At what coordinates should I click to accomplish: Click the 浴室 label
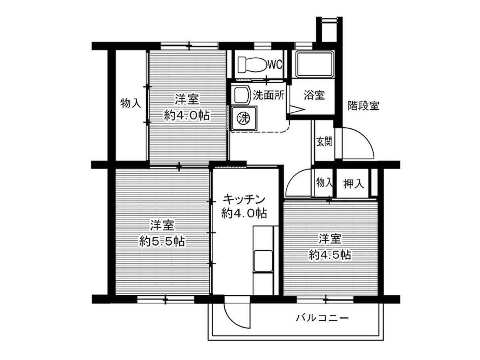point(314,96)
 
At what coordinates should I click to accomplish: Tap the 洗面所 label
point(268,96)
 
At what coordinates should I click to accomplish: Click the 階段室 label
point(363,106)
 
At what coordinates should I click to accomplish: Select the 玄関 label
point(324,142)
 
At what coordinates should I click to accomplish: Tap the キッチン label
point(244,199)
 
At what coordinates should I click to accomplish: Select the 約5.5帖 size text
point(162,241)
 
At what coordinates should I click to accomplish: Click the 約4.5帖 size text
point(330,254)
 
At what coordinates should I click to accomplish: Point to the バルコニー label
point(322,318)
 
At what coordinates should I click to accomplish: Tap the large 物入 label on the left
point(131,104)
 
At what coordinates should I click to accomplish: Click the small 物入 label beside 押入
point(324,183)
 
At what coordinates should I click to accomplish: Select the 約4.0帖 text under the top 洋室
point(187,116)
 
